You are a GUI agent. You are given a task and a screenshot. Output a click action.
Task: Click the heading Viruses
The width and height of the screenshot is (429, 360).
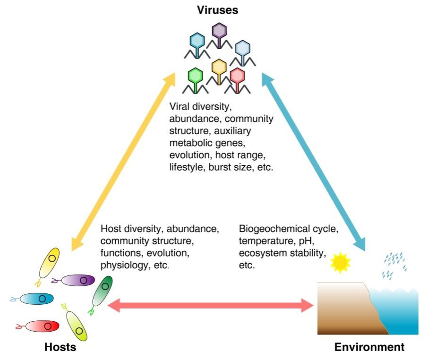218,9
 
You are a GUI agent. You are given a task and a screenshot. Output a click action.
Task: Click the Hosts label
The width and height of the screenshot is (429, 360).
60,347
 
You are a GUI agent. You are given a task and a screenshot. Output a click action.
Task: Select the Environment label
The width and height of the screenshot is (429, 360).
369,347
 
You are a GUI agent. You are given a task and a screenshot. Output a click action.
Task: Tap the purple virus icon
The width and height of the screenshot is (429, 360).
219,32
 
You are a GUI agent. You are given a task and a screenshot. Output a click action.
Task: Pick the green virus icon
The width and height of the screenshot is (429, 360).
195,77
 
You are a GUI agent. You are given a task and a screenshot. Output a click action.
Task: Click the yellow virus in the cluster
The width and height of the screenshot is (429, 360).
219,67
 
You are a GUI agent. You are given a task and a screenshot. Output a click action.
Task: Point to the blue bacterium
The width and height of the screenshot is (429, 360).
36,298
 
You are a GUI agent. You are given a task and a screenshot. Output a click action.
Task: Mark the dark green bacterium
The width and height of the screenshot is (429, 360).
102,292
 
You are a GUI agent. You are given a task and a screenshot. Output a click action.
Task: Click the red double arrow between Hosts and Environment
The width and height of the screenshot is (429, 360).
210,306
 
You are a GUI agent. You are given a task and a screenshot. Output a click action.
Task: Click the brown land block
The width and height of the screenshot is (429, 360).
343,307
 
